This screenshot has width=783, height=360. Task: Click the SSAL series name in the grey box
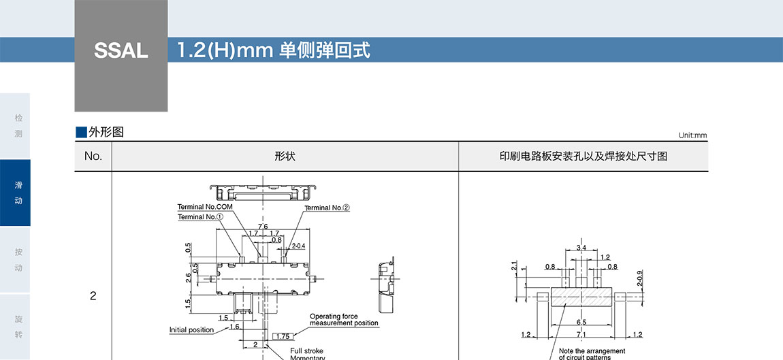pos(121,51)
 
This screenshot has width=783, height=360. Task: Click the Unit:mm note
pos(692,135)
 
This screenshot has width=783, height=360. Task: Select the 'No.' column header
pos(93,157)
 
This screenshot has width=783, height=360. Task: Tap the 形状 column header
pos(285,157)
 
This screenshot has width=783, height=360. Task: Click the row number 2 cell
pos(93,296)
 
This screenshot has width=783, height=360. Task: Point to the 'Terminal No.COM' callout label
pos(205,207)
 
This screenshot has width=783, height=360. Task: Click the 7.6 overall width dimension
pos(263,227)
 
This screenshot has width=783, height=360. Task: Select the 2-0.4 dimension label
pos(298,246)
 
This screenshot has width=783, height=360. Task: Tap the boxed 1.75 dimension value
pos(283,336)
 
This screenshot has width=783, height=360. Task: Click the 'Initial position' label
pos(191,330)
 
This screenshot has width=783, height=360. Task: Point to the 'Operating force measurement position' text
pos(344,320)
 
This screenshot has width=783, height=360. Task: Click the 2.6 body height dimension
pos(189,278)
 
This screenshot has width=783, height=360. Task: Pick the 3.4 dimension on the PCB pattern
pos(581,248)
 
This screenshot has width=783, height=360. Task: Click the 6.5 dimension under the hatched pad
pos(581,322)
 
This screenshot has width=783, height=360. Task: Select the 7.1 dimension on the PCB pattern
pos(581,335)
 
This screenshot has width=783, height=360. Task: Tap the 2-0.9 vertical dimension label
pos(639,278)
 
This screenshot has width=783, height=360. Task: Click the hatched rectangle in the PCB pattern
pos(581,296)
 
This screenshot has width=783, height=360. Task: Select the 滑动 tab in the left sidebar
pos(18,193)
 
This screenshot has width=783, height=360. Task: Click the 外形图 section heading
pos(106,132)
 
